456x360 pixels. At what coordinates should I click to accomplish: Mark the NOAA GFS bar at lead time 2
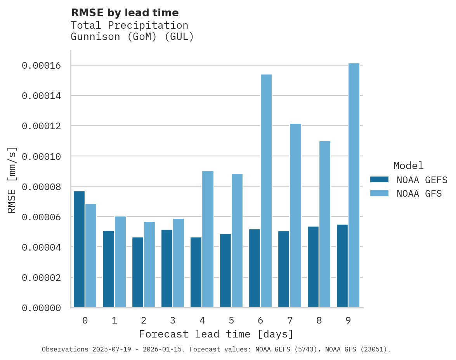tap(149, 265)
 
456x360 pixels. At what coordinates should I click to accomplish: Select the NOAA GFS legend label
tap(419, 193)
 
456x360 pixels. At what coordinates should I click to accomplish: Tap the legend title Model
tap(408, 166)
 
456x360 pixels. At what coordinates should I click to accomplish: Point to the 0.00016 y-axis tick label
tap(42, 66)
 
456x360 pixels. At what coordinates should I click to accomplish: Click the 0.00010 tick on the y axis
tap(42, 156)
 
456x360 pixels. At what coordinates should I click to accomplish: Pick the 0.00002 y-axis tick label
tap(42, 278)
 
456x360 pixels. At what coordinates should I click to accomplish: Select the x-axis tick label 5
tap(231, 320)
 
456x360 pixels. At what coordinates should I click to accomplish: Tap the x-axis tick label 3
tap(173, 320)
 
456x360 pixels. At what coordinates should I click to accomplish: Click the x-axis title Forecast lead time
tap(216, 334)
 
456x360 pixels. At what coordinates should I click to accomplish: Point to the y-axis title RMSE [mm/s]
tap(12, 180)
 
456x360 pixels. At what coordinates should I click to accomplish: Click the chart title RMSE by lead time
tap(125, 13)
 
